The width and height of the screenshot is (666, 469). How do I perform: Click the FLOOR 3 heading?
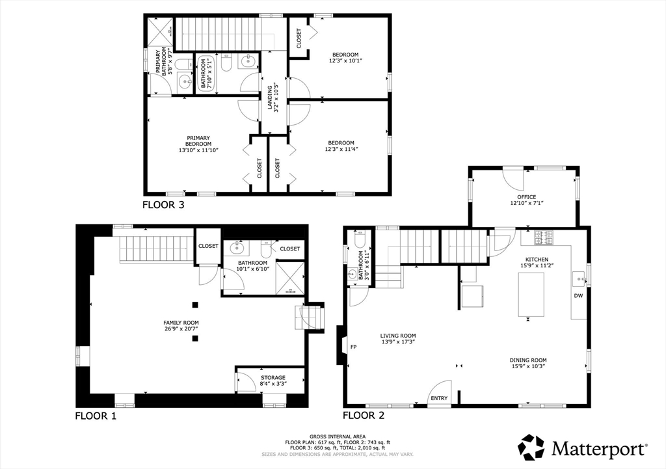pyautogui.click(x=163, y=205)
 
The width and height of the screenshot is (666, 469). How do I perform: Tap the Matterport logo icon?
pyautogui.click(x=531, y=447)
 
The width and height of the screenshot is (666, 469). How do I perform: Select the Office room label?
pyautogui.click(x=527, y=197)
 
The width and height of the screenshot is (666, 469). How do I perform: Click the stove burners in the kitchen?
pyautogui.click(x=543, y=237)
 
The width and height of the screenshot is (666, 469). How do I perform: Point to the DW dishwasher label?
pyautogui.click(x=578, y=296)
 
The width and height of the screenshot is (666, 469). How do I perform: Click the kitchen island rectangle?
pyautogui.click(x=531, y=295)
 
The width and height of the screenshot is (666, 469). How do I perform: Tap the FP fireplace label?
pyautogui.click(x=353, y=347)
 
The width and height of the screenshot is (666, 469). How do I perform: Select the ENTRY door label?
pyautogui.click(x=439, y=398)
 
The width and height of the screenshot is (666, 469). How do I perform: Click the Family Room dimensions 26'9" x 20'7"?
pyautogui.click(x=181, y=328)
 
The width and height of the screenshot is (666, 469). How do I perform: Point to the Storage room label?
pyautogui.click(x=273, y=378)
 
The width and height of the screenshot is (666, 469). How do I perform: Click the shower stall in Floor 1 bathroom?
pyautogui.click(x=290, y=278)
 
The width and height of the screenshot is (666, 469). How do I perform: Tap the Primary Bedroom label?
pyautogui.click(x=198, y=141)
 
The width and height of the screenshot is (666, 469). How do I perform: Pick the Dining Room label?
pyautogui.click(x=528, y=360)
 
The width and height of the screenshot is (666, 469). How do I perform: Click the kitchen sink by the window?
pyautogui.click(x=579, y=279)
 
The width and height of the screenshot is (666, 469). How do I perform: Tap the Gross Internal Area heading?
pyautogui.click(x=338, y=436)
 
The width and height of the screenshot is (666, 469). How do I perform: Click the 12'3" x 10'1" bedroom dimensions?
pyautogui.click(x=345, y=60)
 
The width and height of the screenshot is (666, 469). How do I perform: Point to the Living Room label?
pyautogui.click(x=398, y=336)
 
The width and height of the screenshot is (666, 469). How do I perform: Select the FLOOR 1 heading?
pyautogui.click(x=96, y=416)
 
